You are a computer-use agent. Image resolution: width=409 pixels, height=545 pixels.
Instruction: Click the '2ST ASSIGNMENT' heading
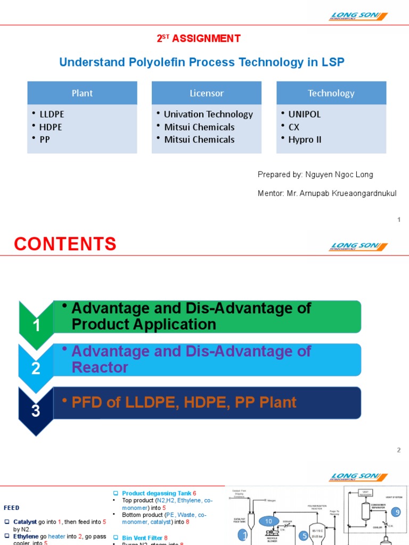point(198,38)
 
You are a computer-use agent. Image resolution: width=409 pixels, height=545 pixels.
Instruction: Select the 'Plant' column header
point(82,93)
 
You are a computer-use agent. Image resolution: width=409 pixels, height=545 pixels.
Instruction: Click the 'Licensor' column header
point(207,93)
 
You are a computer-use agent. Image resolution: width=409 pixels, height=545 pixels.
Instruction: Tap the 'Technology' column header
point(331,93)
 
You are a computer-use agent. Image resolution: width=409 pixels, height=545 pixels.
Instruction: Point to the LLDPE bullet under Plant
point(52,114)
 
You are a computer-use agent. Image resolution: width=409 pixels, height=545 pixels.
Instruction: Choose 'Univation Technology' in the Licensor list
point(208,114)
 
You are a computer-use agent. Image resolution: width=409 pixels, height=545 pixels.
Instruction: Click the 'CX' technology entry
point(295,127)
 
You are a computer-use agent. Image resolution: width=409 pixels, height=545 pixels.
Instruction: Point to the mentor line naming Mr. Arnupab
point(327,193)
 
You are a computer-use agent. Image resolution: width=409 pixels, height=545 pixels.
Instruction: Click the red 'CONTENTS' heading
point(65,244)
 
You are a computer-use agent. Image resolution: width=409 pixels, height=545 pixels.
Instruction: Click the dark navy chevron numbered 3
point(36,410)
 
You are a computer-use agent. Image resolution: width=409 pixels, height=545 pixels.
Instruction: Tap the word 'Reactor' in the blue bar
point(100,367)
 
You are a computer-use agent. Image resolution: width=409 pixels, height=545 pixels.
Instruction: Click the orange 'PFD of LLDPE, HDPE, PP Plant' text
point(184,402)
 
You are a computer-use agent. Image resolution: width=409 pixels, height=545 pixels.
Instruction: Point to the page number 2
point(398,450)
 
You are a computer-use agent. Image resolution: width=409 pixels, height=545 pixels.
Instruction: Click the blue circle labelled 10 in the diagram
point(268,522)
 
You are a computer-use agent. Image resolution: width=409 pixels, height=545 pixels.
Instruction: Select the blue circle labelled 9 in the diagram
point(395,512)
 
